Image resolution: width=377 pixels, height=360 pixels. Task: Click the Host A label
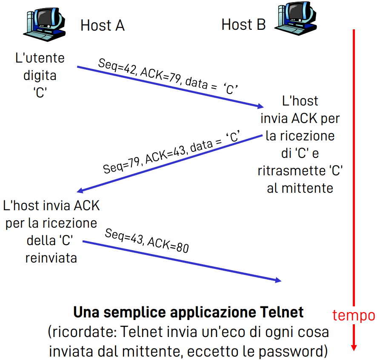pyautogui.click(x=102, y=26)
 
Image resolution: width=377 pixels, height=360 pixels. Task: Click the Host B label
pyautogui.click(x=243, y=25)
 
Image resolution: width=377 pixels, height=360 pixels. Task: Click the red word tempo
pyautogui.click(x=353, y=315)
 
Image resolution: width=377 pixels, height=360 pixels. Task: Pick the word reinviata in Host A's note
pyautogui.click(x=51, y=258)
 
